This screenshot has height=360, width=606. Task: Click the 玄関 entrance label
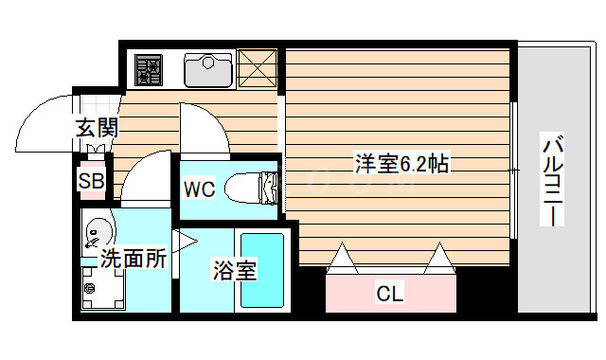(x=96, y=128)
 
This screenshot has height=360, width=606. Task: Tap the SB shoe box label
(x=92, y=181)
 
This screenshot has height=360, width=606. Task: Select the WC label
(x=199, y=189)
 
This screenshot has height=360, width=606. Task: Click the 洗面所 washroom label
(x=134, y=258)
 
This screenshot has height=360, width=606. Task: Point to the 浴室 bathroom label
(x=233, y=271)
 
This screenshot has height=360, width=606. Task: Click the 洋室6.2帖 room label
(x=401, y=163)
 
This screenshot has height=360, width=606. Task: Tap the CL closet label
(x=390, y=294)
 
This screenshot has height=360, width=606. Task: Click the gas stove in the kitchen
(x=150, y=68)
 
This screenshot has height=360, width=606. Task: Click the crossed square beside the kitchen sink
(x=257, y=68)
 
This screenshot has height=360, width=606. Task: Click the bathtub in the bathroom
(x=262, y=269)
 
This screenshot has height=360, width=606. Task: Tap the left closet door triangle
(x=342, y=257)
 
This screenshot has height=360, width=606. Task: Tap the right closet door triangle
(x=438, y=257)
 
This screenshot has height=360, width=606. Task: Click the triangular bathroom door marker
(x=183, y=243)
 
